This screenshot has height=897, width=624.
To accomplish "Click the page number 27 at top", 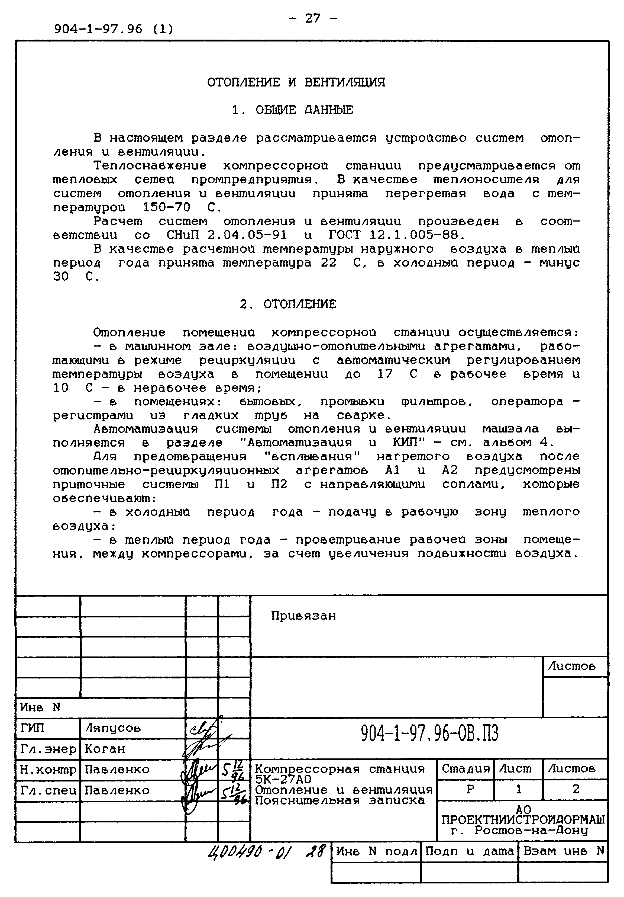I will click(x=312, y=18).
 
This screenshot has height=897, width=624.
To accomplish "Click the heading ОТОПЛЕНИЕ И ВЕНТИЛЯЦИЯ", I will click(x=296, y=82).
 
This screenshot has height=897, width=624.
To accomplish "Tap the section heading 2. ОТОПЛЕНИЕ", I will click(x=288, y=304).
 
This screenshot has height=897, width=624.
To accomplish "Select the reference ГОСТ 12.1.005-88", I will click(x=397, y=235).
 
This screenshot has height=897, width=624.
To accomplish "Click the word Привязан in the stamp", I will click(x=303, y=616).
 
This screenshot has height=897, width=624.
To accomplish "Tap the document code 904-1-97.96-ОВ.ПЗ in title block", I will click(x=429, y=733).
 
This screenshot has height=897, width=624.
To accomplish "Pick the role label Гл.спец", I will click(x=48, y=790).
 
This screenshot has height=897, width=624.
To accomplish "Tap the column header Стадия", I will click(x=465, y=769).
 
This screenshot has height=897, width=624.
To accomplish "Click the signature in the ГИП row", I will click(x=203, y=729).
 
